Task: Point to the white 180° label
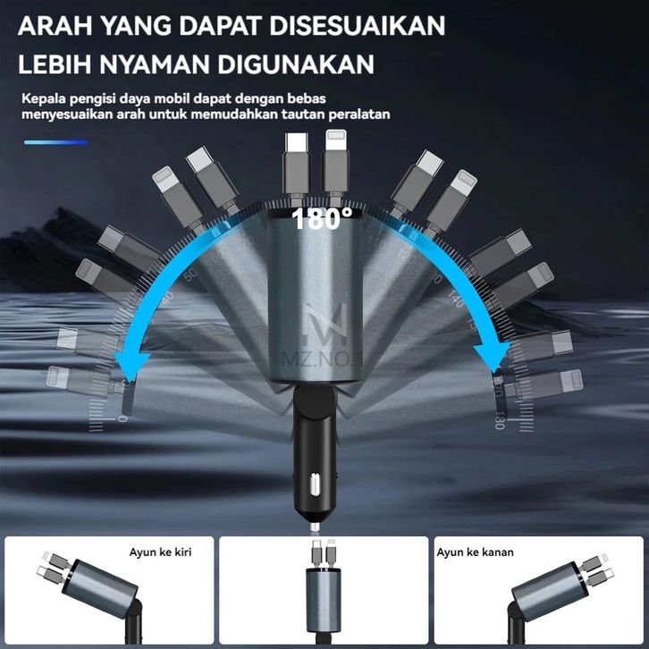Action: (322, 218)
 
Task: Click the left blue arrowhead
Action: (139, 363)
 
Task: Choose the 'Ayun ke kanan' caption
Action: (476, 552)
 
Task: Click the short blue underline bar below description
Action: (55, 142)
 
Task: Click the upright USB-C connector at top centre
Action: (296, 161)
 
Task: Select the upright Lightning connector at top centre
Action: (335, 161)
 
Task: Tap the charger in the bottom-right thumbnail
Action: (547, 590)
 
